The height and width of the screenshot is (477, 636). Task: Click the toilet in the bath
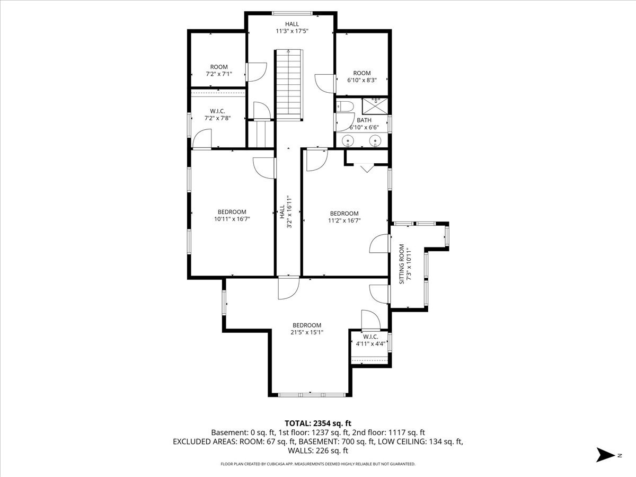point(345,107)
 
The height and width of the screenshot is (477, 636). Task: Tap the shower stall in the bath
point(375,106)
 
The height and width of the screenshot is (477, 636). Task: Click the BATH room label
point(364,120)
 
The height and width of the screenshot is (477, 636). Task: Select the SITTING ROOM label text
point(402,264)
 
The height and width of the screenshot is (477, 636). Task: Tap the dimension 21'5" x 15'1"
point(307,332)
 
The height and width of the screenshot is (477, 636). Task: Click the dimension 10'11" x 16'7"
point(232,219)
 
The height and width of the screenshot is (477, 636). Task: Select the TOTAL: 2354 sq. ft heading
point(318,423)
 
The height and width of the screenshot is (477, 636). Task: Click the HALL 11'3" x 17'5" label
point(292,27)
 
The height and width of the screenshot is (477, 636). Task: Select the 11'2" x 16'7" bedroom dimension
point(344,220)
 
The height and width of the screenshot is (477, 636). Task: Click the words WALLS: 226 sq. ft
point(318,450)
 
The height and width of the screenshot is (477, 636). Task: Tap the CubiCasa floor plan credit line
point(318,464)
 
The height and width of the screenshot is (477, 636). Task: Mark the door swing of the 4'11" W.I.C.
point(371,320)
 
